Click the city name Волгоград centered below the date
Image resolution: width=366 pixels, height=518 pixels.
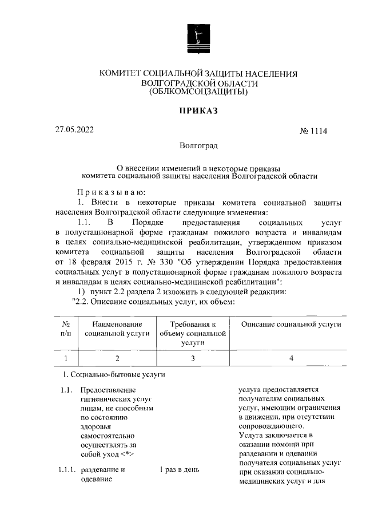click(198, 147)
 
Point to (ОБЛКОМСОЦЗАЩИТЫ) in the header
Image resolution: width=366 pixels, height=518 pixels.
click(198, 92)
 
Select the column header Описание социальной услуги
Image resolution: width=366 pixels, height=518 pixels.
click(291, 325)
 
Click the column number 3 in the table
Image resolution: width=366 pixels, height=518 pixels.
click(193, 359)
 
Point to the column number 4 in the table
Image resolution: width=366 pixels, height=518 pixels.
click(291, 359)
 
